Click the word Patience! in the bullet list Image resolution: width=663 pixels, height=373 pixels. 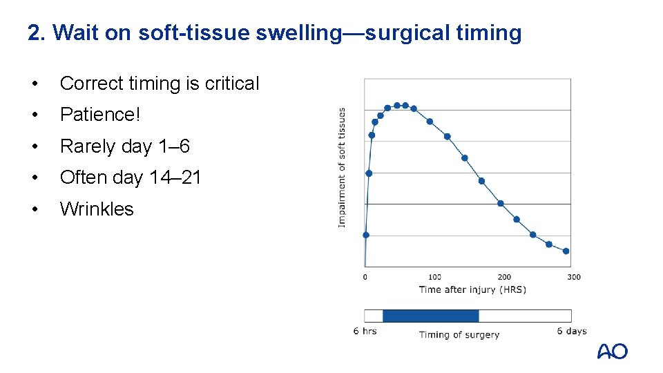click(100, 115)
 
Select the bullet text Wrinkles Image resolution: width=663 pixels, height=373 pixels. click(97, 209)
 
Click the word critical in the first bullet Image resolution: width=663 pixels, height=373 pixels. click(231, 84)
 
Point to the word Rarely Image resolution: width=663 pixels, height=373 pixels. click(88, 146)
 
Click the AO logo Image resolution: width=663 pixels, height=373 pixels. click(612, 352)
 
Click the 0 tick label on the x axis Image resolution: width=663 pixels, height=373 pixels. click(365, 277)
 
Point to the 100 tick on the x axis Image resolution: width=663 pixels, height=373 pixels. click(434, 277)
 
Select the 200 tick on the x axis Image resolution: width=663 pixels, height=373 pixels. click(504, 277)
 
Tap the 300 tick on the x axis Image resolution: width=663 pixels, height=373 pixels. click(573, 277)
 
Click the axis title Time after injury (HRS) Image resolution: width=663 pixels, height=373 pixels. click(472, 289)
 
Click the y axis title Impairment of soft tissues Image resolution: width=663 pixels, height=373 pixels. click(343, 166)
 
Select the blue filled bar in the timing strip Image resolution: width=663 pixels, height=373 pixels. click(430, 316)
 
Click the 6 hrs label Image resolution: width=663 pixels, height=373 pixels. click(365, 332)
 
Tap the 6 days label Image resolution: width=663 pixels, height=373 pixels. click(572, 332)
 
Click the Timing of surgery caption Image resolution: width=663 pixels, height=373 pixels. click(459, 335)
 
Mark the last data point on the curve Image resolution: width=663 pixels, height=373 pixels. click(566, 251)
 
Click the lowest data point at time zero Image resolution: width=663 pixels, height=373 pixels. click(366, 235)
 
